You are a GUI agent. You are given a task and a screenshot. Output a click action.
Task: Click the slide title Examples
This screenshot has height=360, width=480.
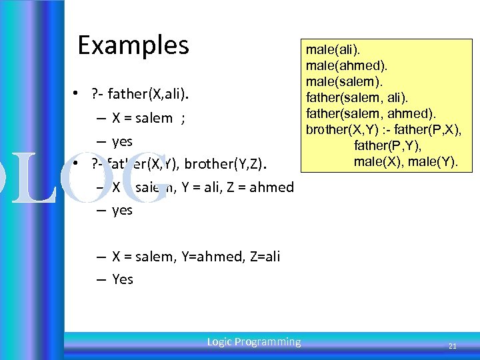pos(133,45)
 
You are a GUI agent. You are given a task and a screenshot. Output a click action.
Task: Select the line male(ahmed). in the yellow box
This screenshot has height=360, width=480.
pos(347,65)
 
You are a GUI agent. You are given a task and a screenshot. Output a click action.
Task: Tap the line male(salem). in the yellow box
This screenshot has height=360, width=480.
pos(345,81)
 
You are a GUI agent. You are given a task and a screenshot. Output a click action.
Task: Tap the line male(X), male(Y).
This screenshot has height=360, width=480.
pos(406,161)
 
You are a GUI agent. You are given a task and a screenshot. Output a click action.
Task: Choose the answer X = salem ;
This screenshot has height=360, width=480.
pos(148,118)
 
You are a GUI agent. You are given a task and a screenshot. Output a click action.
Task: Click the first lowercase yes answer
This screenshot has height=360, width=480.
pos(123,141)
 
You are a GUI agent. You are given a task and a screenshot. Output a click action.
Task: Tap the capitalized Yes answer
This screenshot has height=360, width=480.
pos(123,279)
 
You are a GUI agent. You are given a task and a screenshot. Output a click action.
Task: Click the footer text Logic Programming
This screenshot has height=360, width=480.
pos(253,342)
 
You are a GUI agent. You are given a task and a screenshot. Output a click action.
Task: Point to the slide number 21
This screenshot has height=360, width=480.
pos(452,346)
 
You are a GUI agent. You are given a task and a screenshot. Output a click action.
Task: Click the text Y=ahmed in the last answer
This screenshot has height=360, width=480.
pos(206,257)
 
